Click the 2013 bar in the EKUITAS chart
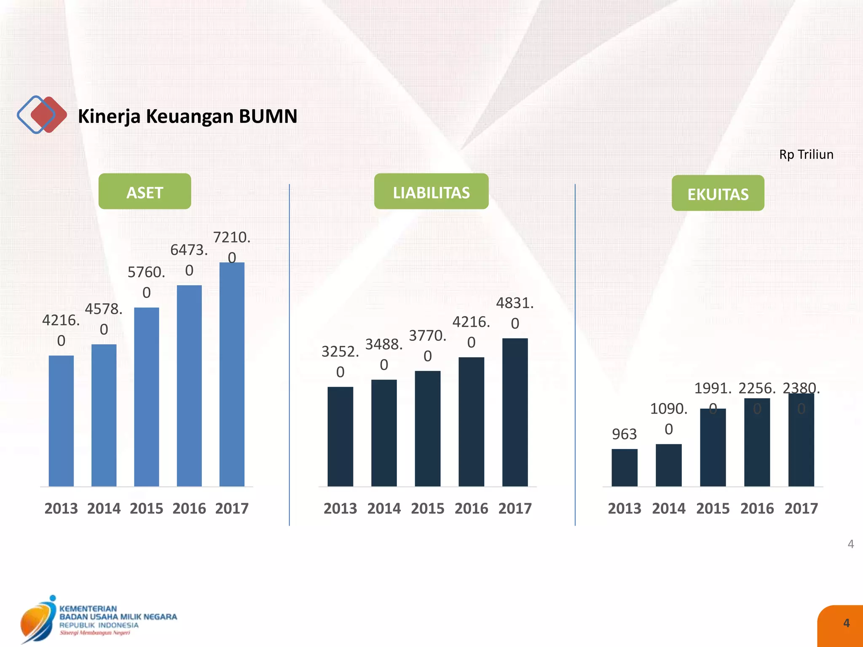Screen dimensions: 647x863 624,468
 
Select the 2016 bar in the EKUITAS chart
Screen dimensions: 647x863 757,442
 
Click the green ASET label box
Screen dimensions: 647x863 145,192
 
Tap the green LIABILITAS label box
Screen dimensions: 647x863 431,192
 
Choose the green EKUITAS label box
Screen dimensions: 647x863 718,193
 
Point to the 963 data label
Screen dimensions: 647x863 624,434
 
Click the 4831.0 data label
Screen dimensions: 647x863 515,313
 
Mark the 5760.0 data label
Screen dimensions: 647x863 146,282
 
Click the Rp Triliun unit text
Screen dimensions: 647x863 806,155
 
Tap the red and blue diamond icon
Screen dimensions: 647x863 42,115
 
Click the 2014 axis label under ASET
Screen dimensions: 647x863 104,508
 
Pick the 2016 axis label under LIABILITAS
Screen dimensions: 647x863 471,508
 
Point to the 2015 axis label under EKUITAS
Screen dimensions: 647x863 713,508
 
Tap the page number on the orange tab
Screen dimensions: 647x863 846,623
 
